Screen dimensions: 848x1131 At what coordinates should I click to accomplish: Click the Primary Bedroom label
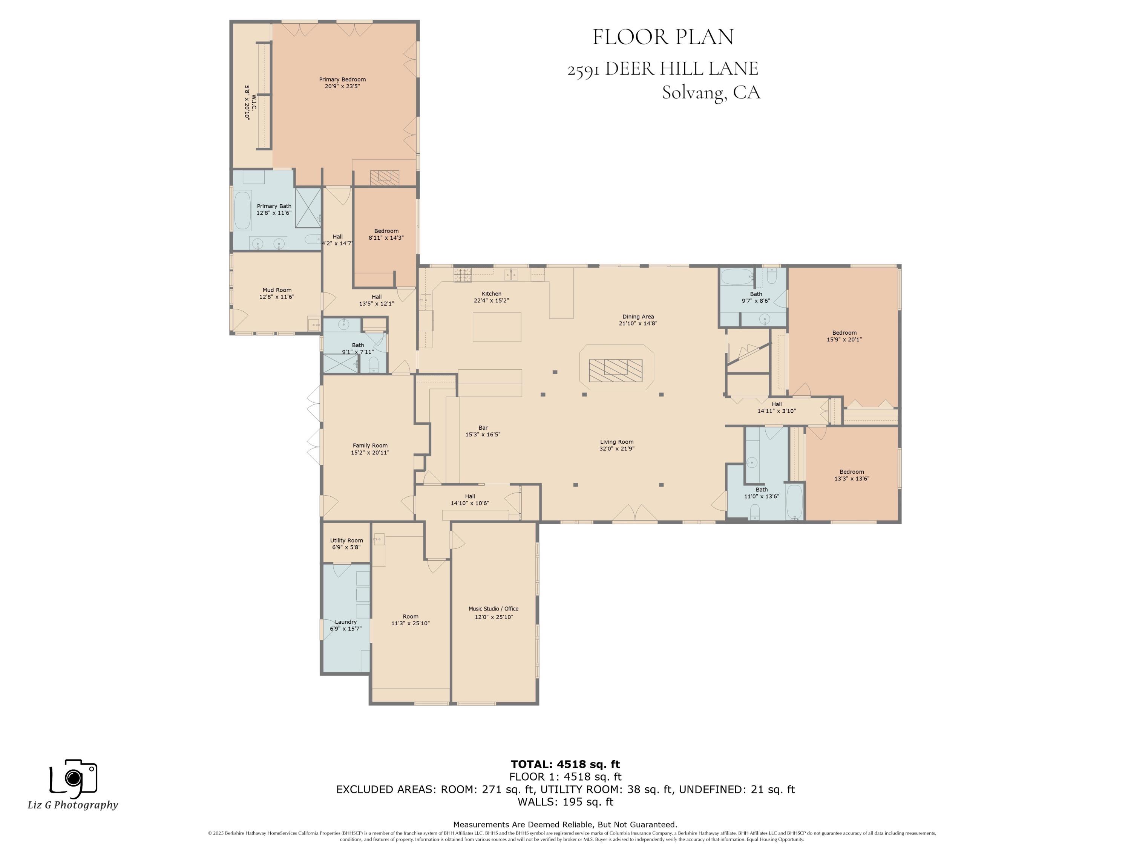(x=342, y=80)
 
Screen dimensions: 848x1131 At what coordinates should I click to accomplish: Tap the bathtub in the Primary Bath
(x=242, y=210)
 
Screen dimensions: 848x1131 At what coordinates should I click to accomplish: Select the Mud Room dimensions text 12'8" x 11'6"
(x=277, y=297)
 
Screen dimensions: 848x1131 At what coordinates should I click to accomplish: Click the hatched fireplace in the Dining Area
(x=615, y=370)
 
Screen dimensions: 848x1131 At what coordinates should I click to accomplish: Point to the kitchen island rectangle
(x=497, y=327)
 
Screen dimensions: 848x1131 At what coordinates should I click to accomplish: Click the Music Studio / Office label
(x=493, y=609)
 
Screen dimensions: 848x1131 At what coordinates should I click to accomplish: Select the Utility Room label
(x=346, y=540)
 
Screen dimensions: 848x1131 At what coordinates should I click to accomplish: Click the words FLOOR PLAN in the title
(x=663, y=37)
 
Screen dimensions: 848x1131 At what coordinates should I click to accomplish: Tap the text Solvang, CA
(x=711, y=92)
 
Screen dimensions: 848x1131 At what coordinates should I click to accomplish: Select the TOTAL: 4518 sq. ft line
(x=565, y=764)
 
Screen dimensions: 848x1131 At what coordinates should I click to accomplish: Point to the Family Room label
(x=370, y=446)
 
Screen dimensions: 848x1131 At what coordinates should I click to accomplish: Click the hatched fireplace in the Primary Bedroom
(x=385, y=177)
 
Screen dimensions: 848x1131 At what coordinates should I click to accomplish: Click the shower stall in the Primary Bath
(x=308, y=208)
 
